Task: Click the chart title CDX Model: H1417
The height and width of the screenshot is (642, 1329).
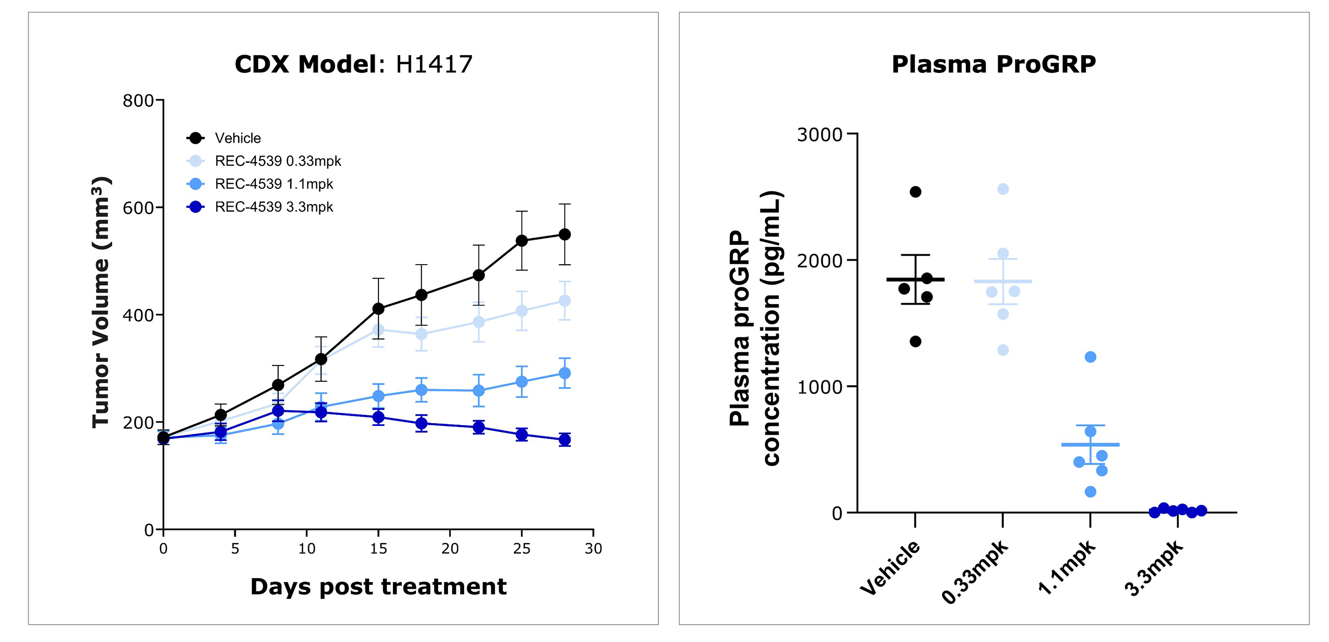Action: point(353,64)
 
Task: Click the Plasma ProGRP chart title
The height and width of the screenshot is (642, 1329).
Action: point(994,64)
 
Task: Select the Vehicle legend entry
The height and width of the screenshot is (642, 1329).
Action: point(237,138)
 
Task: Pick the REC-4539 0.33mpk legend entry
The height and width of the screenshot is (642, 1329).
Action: point(278,161)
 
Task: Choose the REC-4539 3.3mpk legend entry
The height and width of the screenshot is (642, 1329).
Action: point(274,207)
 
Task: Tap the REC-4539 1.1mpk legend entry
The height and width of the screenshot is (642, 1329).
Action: point(274,184)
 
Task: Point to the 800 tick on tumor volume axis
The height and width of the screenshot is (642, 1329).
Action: point(138,100)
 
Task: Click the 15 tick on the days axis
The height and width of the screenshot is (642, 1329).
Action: point(378,549)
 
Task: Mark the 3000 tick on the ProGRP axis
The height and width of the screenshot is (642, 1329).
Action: point(820,135)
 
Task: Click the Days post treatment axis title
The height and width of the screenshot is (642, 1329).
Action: point(378,587)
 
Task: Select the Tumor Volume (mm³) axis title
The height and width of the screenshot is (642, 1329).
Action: point(101,302)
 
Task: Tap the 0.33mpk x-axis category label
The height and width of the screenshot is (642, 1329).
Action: point(975,572)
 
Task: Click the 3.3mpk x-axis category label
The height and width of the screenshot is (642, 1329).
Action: point(1154,568)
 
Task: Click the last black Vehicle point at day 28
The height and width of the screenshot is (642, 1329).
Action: point(565,235)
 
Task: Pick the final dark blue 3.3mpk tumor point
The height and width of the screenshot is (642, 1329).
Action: point(565,440)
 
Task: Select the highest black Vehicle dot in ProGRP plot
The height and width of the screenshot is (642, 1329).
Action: point(916,192)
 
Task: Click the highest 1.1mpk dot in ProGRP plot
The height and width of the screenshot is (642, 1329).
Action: point(1090,357)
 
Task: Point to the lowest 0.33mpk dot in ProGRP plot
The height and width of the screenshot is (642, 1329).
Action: point(1003,350)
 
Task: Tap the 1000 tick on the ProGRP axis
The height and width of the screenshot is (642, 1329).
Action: point(820,387)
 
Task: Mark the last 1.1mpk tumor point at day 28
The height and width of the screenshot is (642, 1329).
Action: point(565,373)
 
